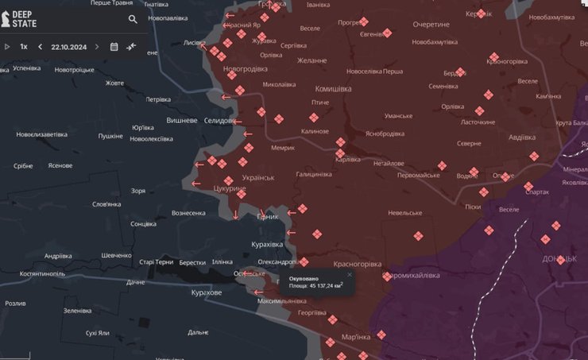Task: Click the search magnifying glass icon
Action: (133, 19)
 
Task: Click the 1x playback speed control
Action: (24, 47)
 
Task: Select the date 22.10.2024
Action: (68, 47)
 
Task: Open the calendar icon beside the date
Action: (114, 47)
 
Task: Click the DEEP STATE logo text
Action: (23, 19)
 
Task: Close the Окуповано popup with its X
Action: (349, 274)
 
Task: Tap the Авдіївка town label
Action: (521, 137)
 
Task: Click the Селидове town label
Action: (219, 121)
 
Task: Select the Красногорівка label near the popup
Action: (358, 264)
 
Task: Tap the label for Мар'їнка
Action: (355, 335)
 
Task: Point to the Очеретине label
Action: (431, 25)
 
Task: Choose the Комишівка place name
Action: (333, 89)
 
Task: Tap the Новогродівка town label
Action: (246, 69)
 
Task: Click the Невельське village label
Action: (405, 213)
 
